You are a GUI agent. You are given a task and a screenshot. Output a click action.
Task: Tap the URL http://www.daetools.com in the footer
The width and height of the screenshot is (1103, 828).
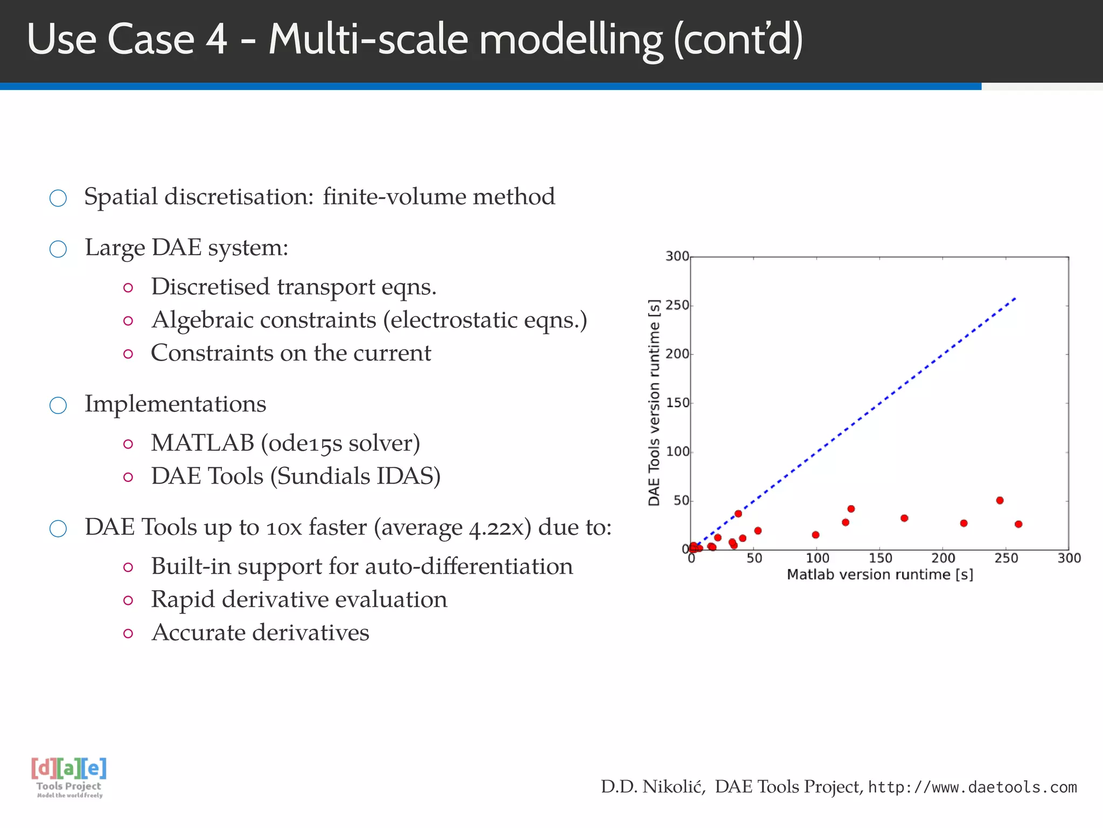tap(973, 788)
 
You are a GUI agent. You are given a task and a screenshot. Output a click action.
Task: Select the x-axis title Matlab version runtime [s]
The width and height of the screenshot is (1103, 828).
tap(879, 575)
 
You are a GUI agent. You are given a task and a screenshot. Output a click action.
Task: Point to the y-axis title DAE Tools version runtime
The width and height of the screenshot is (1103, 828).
tap(654, 403)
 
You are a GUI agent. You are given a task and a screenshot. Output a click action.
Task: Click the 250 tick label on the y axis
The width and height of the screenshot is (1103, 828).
tap(677, 306)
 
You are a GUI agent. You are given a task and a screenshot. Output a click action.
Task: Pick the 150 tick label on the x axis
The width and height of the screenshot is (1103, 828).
tap(880, 558)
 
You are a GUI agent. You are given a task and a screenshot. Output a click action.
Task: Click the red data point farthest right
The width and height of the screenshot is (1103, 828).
tap(1018, 524)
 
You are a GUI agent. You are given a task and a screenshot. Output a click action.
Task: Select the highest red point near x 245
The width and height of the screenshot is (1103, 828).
tap(1000, 500)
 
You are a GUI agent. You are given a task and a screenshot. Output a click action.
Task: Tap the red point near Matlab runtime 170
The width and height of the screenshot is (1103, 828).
tap(904, 518)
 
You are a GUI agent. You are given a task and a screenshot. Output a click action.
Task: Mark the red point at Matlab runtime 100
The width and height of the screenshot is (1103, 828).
tap(815, 535)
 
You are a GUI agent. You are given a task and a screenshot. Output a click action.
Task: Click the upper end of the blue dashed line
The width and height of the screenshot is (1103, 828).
tap(1015, 298)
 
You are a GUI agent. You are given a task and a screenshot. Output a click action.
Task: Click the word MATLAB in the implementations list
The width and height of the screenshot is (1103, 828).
tap(202, 443)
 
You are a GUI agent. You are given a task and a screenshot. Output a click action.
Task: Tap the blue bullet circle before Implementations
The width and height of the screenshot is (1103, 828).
tap(58, 405)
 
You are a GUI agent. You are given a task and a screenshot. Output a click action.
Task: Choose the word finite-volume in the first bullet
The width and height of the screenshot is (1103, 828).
tap(395, 197)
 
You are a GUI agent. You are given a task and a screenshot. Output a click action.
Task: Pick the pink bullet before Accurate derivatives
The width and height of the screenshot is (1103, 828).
tap(128, 633)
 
